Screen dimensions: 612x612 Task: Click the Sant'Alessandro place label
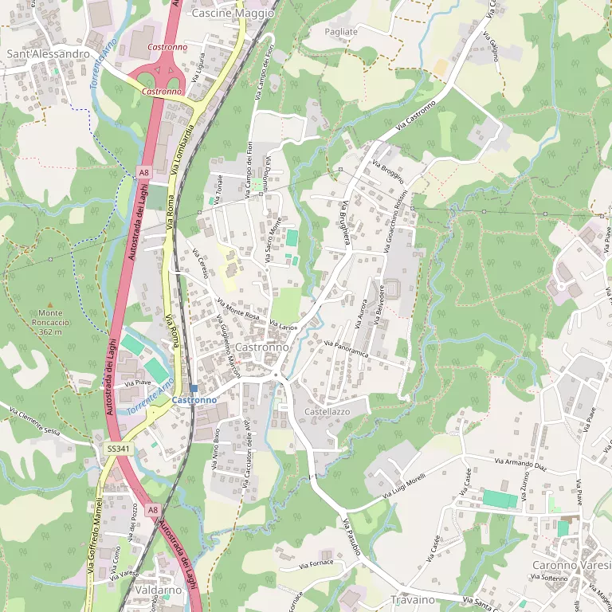[x=48, y=53]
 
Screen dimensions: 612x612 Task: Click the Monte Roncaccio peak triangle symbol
[x=49, y=304]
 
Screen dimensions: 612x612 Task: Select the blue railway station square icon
[x=194, y=387]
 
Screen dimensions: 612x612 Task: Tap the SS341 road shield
[x=118, y=449]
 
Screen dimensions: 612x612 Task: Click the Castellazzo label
[x=328, y=410]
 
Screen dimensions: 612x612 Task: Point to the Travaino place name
[x=413, y=599]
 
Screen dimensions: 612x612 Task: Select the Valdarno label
[x=159, y=590]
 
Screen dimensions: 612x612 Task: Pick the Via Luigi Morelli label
[x=404, y=486]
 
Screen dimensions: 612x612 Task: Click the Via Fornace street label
[x=316, y=563]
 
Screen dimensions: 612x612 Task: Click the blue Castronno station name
[x=194, y=399]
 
